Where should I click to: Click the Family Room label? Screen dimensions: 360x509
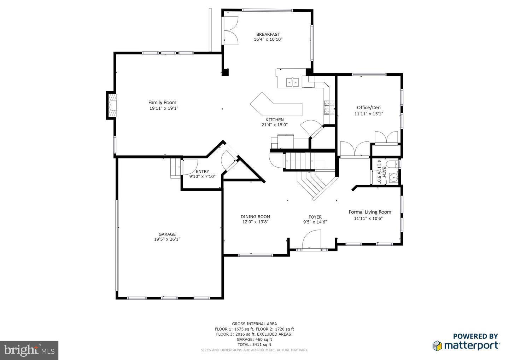tap(162, 103)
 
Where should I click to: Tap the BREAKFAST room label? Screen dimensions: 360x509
tap(268, 34)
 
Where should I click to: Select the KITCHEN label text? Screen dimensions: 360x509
tap(275, 120)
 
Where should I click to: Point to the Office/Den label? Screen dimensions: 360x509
tap(369, 108)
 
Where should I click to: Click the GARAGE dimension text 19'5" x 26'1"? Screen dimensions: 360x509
tap(167, 239)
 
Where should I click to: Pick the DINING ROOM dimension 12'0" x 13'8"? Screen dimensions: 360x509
tap(255, 222)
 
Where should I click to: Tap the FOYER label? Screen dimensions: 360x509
tap(315, 217)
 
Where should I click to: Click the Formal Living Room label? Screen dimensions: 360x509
tap(370, 212)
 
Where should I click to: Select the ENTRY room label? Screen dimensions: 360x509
tap(202, 172)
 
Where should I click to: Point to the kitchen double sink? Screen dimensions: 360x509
tap(292, 82)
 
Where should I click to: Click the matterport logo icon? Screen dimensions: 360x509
tap(437, 345)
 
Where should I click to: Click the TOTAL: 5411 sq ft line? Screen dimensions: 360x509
tap(254, 344)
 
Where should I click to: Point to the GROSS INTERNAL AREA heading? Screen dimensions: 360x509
tap(254, 324)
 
